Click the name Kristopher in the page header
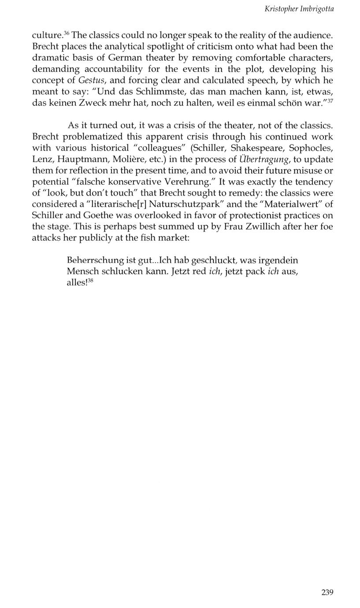(281, 9)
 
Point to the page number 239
(327, 592)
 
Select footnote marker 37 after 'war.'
(330, 101)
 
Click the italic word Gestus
(92, 80)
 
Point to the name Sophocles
(311, 148)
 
